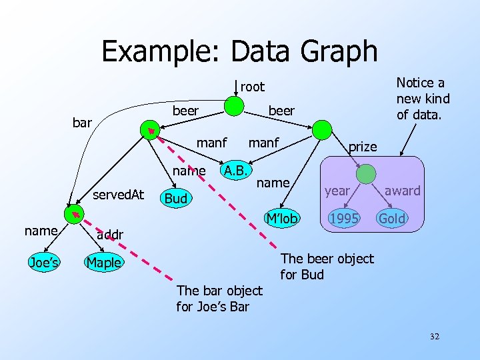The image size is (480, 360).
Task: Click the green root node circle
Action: click(233, 106)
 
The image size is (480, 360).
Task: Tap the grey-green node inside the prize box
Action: click(366, 173)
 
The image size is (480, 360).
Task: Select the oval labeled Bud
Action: click(176, 199)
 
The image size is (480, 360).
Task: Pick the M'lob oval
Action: click(281, 218)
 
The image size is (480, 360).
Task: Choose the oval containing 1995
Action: click(345, 218)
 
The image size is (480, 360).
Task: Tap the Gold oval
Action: click(392, 218)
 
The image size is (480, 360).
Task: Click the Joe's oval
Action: click(43, 262)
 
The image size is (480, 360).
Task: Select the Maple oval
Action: click(103, 262)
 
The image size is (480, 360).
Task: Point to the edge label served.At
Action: click(118, 194)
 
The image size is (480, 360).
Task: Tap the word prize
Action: click(363, 147)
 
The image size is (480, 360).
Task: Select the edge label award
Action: click(403, 191)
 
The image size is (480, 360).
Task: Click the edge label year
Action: click(337, 191)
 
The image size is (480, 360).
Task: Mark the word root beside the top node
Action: click(253, 87)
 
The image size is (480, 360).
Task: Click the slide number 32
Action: click(434, 337)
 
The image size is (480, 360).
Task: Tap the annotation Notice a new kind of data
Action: click(423, 99)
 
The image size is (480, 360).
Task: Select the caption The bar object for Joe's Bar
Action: click(219, 299)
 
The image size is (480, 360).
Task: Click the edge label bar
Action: click(82, 123)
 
